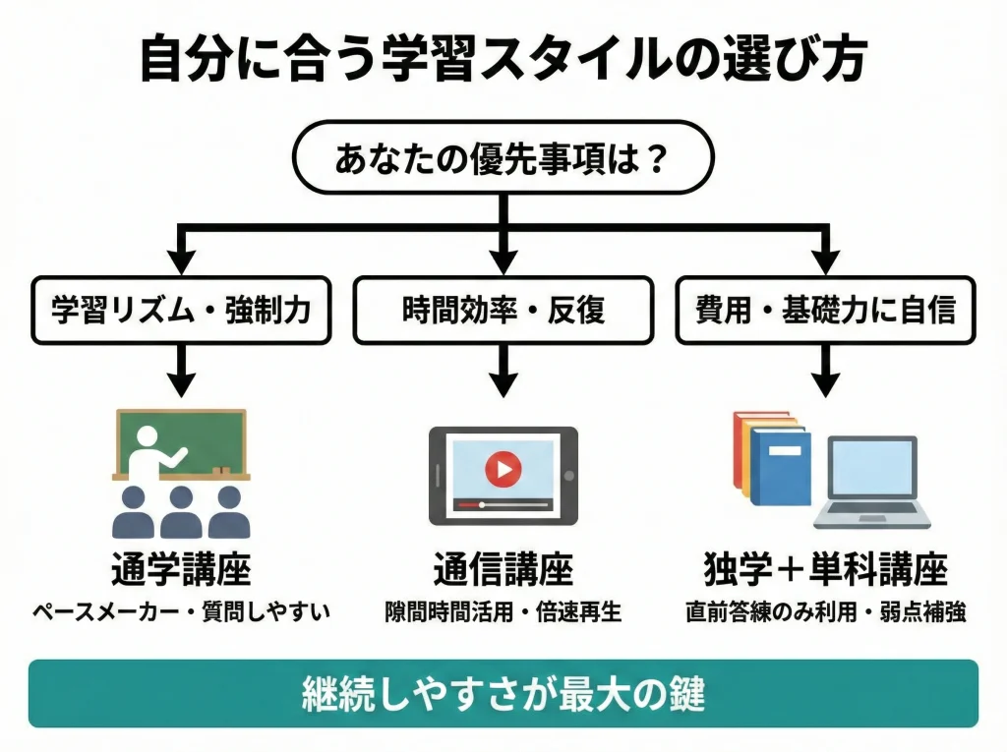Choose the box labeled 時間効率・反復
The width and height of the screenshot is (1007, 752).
[503, 310]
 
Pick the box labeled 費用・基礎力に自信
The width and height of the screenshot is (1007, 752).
[825, 310]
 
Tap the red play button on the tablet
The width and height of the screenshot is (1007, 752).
[503, 469]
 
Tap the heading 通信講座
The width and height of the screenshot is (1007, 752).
[503, 569]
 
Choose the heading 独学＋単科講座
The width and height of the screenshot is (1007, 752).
[825, 569]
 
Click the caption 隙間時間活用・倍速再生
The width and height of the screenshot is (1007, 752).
[503, 611]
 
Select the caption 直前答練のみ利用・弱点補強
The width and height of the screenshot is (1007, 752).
[825, 611]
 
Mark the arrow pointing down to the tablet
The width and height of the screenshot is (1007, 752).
[503, 372]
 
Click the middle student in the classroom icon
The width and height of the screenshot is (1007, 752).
[181, 511]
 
